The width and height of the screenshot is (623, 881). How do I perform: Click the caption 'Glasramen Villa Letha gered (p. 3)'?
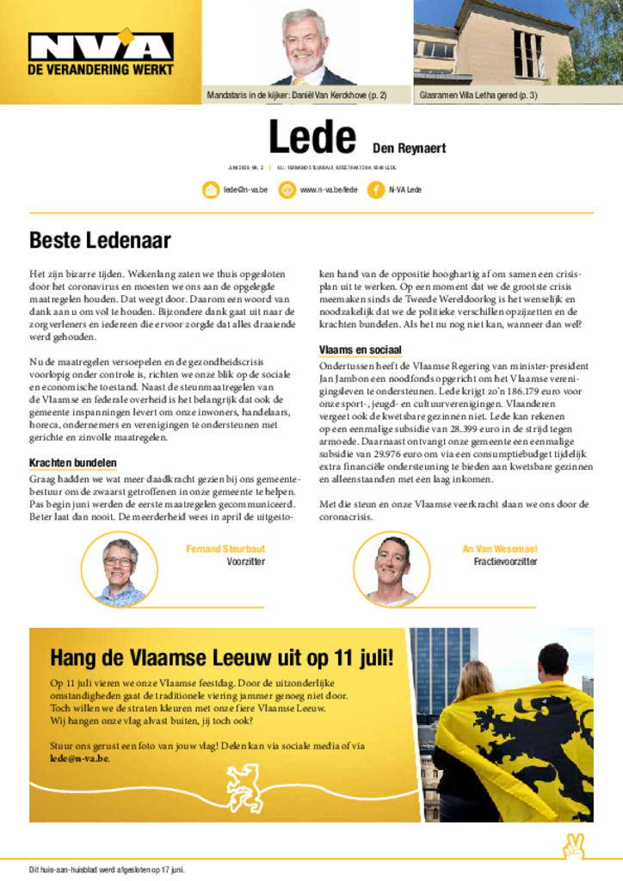(478, 95)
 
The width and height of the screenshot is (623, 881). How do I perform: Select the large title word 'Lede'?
(312, 139)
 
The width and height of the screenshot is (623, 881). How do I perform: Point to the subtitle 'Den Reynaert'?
(409, 149)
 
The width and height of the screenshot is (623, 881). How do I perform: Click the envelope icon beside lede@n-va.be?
(211, 190)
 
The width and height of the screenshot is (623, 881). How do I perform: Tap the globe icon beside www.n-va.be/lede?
(287, 190)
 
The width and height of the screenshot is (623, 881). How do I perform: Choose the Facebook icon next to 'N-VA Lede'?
(376, 190)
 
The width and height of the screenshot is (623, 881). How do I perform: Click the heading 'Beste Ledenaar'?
(100, 240)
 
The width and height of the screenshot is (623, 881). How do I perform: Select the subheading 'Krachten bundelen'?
(72, 463)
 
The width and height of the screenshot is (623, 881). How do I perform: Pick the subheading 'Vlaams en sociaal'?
(361, 349)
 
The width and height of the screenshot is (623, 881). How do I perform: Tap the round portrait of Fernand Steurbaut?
(120, 570)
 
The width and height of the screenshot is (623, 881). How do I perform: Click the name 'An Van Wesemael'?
(500, 548)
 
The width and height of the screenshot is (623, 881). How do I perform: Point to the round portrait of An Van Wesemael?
(392, 570)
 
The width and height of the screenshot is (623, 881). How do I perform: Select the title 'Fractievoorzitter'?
(505, 562)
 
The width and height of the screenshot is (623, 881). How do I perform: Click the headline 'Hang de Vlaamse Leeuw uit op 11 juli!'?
(221, 658)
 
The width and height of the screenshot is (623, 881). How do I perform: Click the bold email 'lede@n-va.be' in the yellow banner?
(79, 759)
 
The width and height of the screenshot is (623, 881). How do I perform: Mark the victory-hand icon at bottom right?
(573, 847)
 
